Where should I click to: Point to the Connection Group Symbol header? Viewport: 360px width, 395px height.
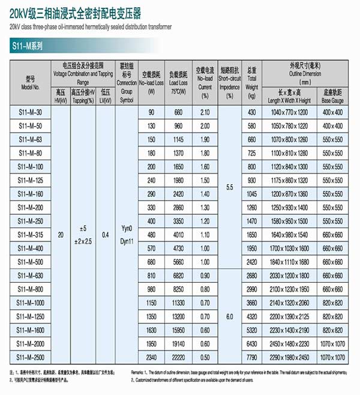[127, 83]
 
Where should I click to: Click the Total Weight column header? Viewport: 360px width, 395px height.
[252, 83]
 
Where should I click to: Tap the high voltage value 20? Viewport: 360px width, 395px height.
[60, 235]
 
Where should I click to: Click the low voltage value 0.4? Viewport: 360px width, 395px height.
[106, 235]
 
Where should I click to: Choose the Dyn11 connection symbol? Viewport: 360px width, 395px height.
[127, 240]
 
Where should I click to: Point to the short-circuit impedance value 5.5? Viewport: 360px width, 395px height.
[229, 187]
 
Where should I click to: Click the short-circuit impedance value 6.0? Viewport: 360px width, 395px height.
[229, 316]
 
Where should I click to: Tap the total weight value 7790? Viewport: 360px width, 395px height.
[252, 357]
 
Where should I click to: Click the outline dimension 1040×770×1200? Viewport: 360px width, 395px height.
[289, 113]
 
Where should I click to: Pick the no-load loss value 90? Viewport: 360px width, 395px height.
[151, 113]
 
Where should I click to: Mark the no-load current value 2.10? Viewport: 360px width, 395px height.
[205, 113]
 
